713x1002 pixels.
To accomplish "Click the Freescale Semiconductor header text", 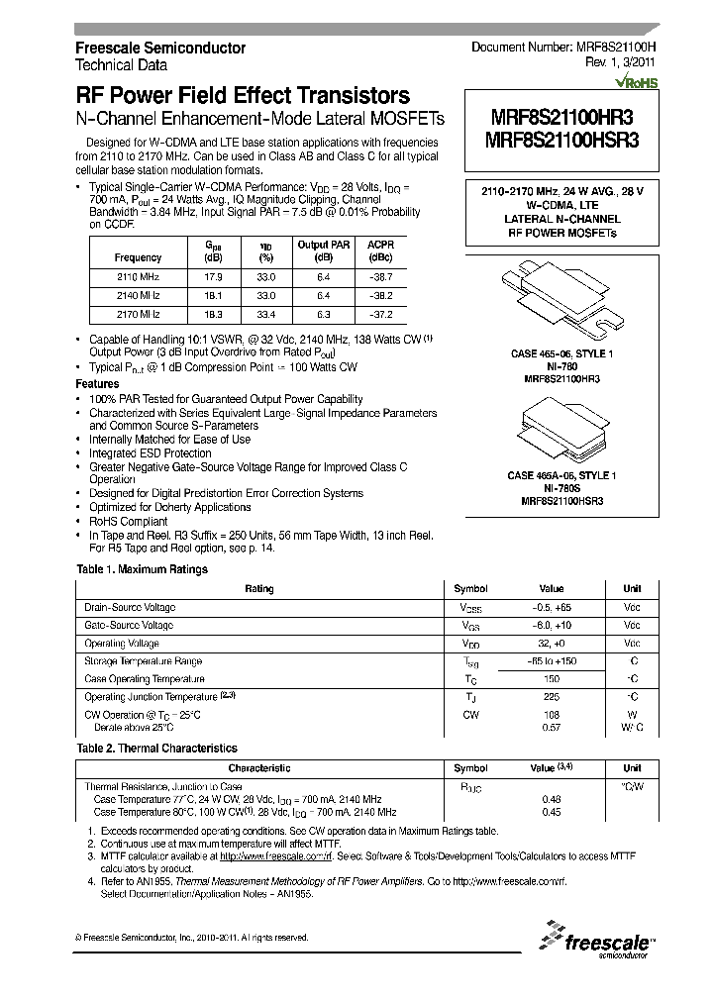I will point(160,48).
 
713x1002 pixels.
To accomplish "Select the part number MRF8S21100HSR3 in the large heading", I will point(561,141).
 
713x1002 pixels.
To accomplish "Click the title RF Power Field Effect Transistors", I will point(243,96).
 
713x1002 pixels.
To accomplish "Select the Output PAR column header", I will point(323,245).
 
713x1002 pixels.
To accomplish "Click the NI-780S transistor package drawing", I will point(560,428).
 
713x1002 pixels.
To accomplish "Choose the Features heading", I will point(98,383).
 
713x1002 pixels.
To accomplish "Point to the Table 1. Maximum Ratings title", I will point(143,569).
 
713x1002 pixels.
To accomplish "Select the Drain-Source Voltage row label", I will point(130,607).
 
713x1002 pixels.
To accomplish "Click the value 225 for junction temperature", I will point(551,696).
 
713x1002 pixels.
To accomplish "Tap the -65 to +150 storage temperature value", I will point(551,660).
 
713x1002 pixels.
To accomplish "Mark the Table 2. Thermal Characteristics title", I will point(156,749).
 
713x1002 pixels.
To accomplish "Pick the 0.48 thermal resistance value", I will point(551,799).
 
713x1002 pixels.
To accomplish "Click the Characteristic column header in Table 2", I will point(259,768).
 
